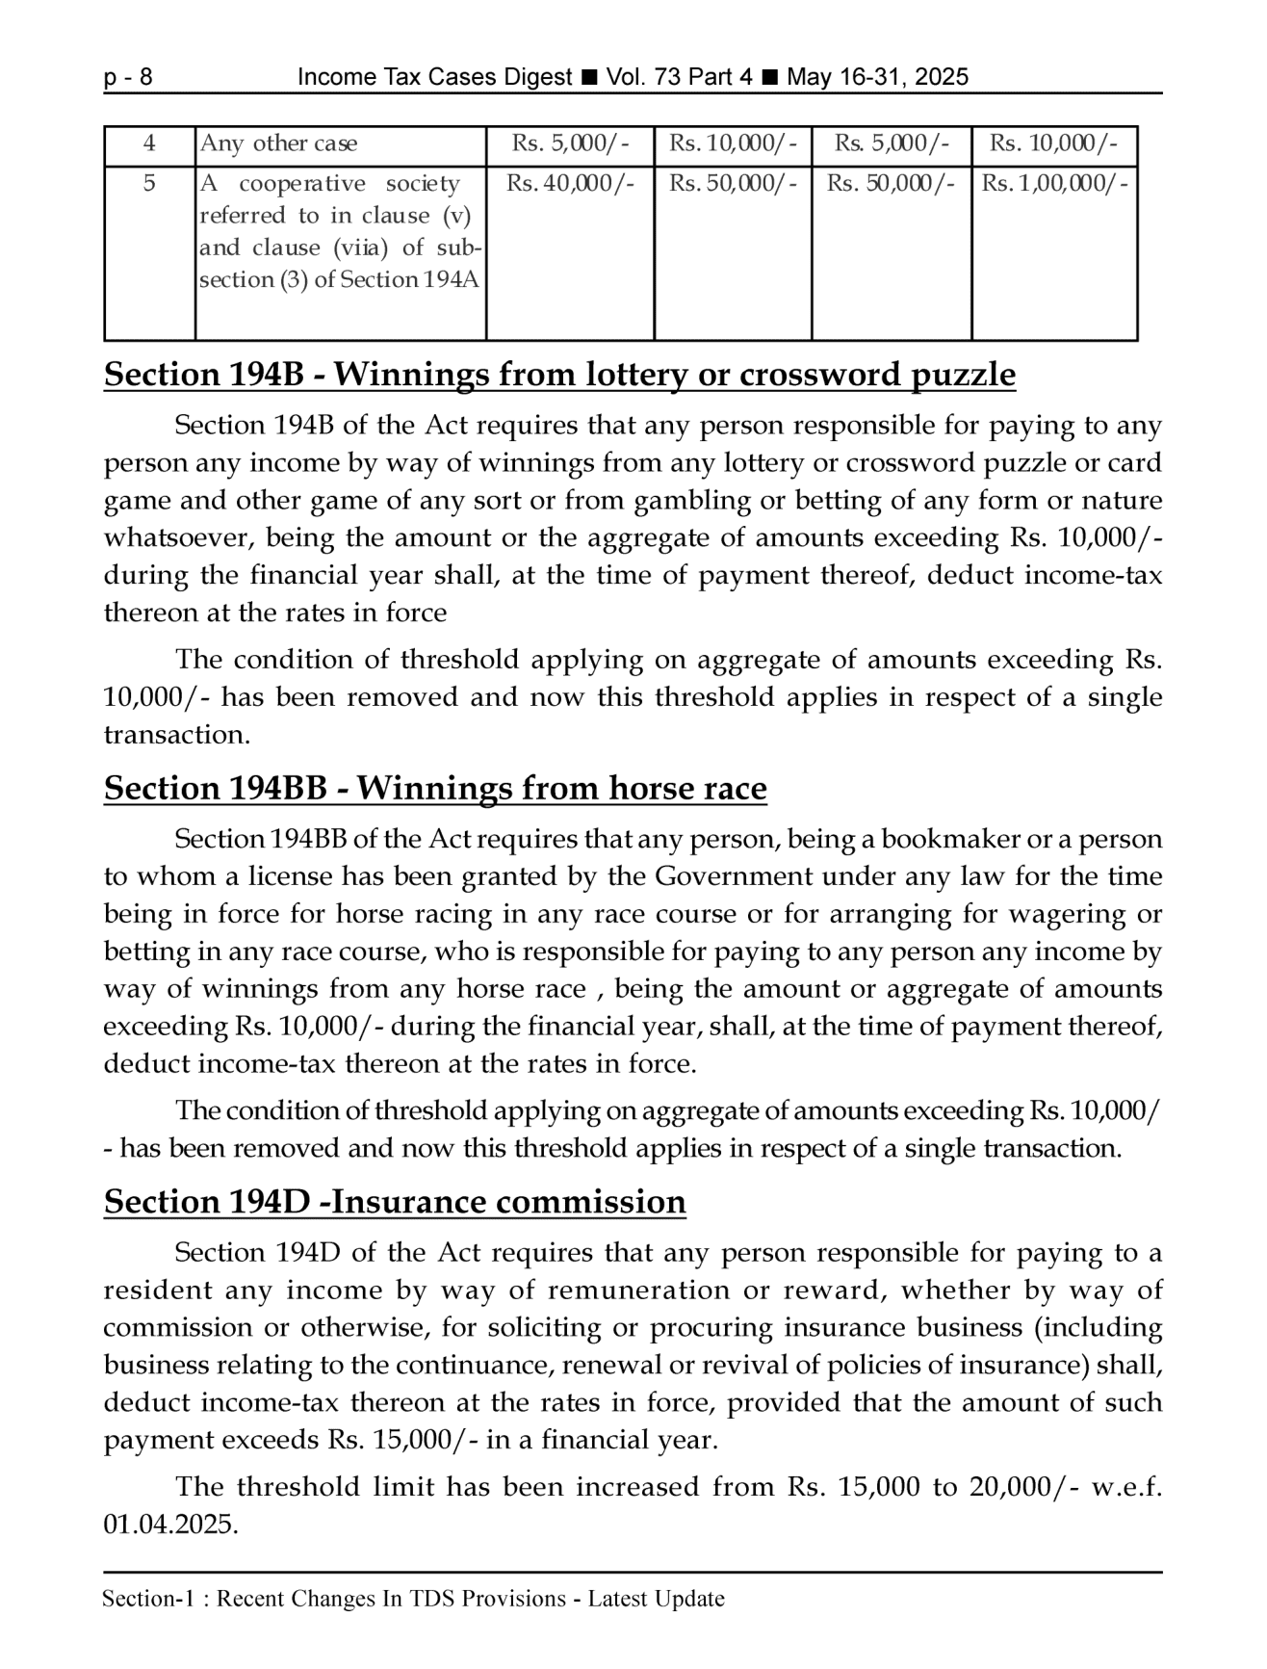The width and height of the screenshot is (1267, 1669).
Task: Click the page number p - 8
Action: pos(128,77)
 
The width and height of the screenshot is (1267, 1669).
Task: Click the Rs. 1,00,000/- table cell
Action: pos(1053,183)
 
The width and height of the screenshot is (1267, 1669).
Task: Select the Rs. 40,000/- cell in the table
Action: pos(570,183)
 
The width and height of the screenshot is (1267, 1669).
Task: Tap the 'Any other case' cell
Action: pos(278,143)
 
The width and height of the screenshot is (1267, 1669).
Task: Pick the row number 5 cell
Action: pos(149,183)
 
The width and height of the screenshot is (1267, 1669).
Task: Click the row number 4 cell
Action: pos(149,143)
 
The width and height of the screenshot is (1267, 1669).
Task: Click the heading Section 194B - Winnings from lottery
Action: pos(559,374)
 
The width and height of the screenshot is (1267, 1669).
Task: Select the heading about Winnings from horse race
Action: pos(435,788)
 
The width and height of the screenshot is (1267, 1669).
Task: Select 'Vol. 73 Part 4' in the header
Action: pos(679,77)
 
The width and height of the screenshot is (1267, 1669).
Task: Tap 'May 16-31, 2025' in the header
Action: pos(877,77)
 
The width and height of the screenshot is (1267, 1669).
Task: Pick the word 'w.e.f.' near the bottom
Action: pos(1125,1487)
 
